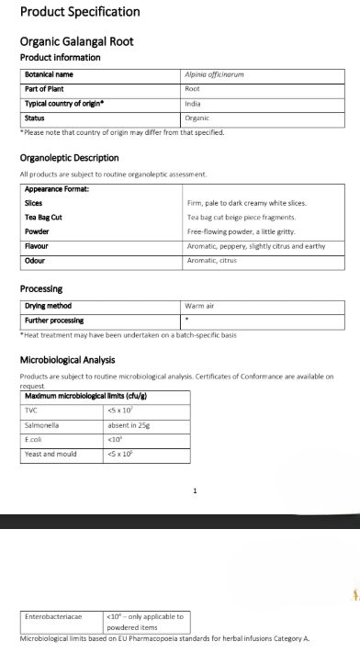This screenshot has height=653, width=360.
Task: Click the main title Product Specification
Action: tap(80, 12)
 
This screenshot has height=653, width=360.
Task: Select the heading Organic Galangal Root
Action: tap(76, 41)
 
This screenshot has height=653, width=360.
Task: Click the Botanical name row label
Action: tap(50, 74)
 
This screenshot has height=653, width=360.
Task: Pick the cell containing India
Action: tap(193, 104)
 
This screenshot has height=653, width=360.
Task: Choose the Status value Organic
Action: tap(197, 118)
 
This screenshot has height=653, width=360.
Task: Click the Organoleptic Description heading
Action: tap(69, 158)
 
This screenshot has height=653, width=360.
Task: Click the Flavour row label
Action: tap(37, 246)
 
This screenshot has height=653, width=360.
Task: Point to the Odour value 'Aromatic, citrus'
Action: tap(212, 262)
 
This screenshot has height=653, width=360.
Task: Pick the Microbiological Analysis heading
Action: tap(67, 359)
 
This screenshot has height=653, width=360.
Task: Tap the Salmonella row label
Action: tap(42, 426)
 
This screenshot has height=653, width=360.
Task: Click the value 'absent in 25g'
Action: tap(129, 426)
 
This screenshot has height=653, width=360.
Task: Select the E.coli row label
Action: tap(35, 440)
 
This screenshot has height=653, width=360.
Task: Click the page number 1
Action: tap(195, 491)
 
